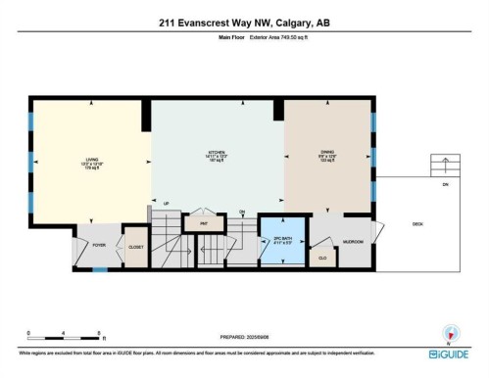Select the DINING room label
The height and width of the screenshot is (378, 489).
pos(327,153)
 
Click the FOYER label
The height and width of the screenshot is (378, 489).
pos(99,246)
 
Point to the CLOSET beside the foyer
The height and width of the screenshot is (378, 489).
pos(135,247)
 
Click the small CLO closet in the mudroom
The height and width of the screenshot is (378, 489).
pos(322,258)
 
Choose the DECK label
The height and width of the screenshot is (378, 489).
pos(417,224)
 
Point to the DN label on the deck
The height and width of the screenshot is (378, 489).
pos(445,184)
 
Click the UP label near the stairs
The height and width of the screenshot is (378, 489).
pos(167,203)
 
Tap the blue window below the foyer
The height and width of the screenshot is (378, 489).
pos(99,268)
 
